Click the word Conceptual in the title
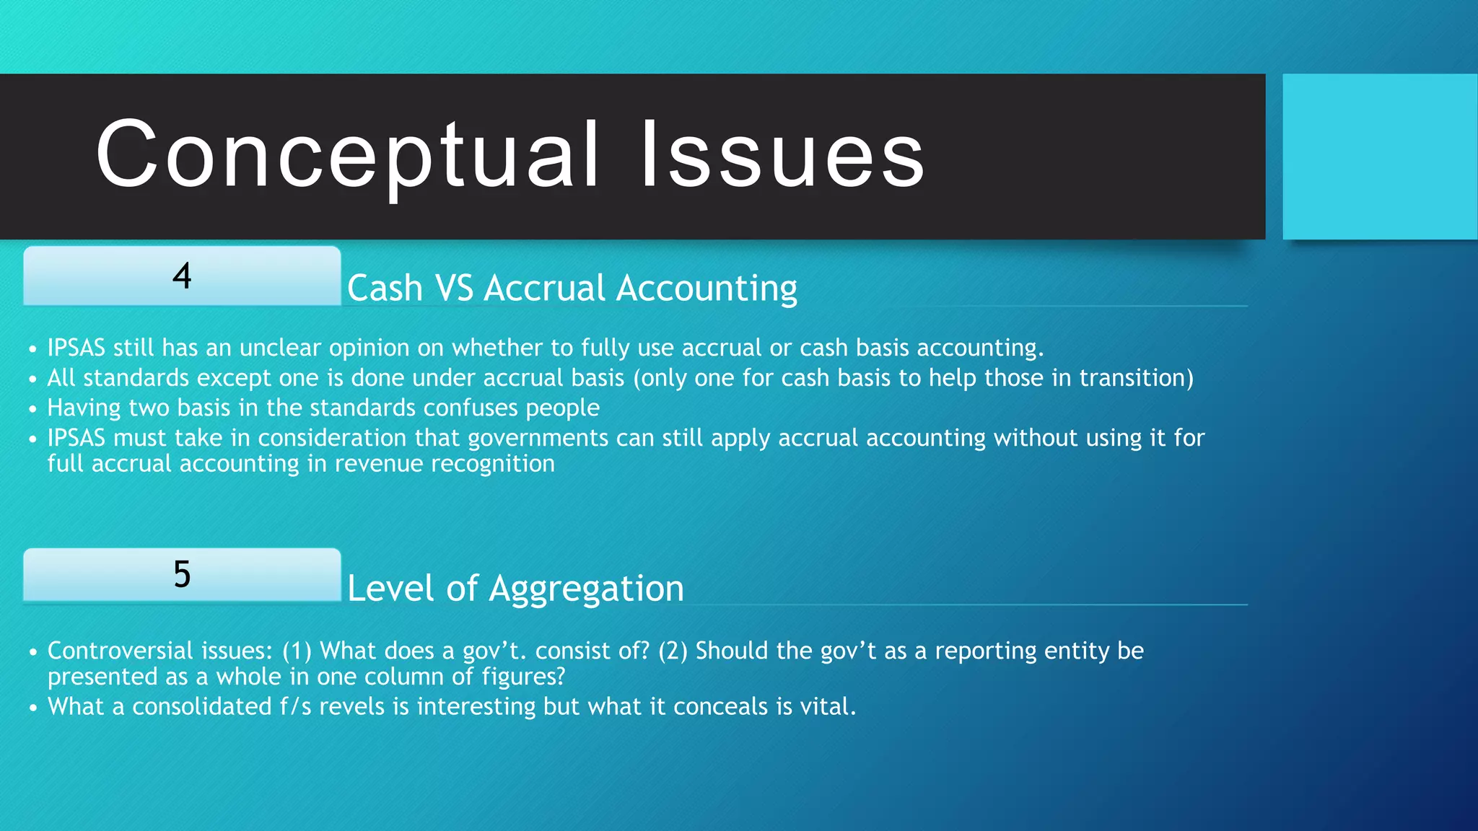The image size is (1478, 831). [x=347, y=155]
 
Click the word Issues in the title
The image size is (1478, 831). [x=782, y=155]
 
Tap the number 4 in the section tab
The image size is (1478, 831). [x=182, y=276]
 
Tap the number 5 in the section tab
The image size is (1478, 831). [x=182, y=575]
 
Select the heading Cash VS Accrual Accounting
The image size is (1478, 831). [x=572, y=288]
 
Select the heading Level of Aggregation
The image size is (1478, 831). [x=515, y=588]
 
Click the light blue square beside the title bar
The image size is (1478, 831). [x=1380, y=156]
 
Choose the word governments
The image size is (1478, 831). [x=538, y=438]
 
